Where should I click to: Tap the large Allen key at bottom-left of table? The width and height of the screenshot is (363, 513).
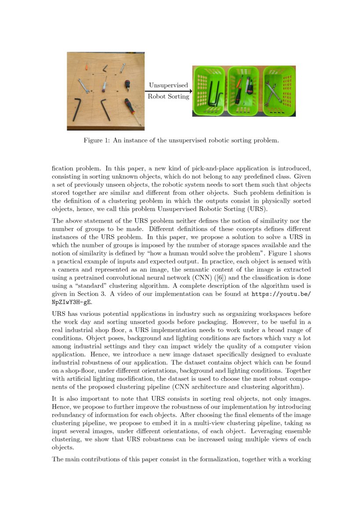coord(77,109)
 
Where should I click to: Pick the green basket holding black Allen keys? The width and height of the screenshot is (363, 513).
coord(209,91)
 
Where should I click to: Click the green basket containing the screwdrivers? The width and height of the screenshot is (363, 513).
coord(243,91)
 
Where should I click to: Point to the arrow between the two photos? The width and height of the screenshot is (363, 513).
coord(168,91)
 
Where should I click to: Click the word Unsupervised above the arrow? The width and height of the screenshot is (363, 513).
coord(168,85)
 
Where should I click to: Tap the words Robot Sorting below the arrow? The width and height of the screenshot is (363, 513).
coord(168,97)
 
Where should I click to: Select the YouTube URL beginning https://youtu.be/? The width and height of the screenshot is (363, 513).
coord(281,294)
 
